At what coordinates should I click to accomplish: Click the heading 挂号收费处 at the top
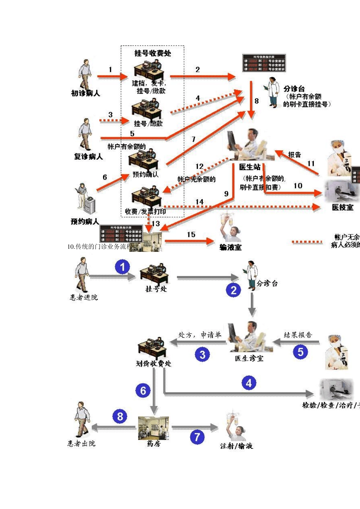(152, 53)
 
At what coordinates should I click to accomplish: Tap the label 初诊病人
(85, 93)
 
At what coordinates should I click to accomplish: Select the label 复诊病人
(88, 156)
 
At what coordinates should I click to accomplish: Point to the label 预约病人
(85, 222)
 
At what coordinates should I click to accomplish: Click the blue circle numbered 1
(122, 267)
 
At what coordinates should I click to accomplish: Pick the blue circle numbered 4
(249, 383)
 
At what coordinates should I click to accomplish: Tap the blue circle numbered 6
(143, 391)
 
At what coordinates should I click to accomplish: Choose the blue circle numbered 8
(120, 417)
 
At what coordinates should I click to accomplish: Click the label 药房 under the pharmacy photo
(153, 443)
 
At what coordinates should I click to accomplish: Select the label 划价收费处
(153, 364)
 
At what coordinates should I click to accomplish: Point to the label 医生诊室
(249, 358)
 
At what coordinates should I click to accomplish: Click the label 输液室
(230, 247)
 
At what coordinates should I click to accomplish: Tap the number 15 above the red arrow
(191, 235)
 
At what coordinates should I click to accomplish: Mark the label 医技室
(343, 207)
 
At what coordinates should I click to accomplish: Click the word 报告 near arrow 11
(294, 155)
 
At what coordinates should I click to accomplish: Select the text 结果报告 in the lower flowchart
(298, 335)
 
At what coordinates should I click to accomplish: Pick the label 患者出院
(81, 443)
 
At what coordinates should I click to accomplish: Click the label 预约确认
(146, 175)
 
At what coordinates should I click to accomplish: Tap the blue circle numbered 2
(233, 290)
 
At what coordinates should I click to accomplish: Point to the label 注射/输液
(236, 446)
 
